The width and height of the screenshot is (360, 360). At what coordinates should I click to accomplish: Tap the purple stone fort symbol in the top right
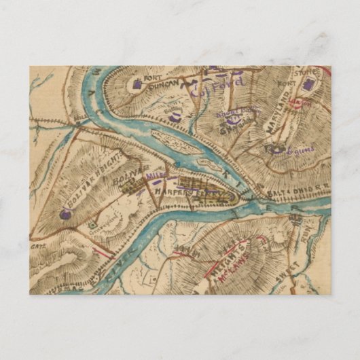click(x=311, y=84)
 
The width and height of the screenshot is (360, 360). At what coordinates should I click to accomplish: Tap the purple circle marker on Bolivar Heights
click(x=65, y=214)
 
